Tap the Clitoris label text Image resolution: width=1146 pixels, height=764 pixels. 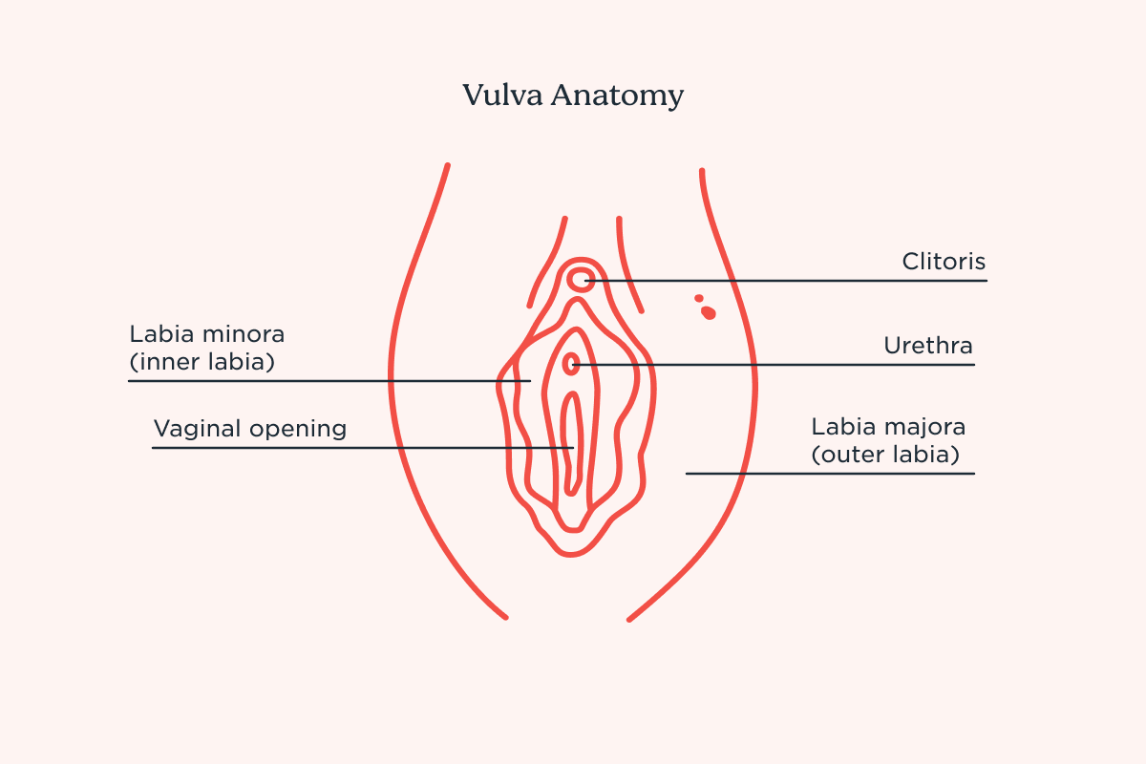(944, 262)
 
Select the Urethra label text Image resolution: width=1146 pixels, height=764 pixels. (928, 346)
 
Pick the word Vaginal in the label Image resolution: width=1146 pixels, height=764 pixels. (198, 429)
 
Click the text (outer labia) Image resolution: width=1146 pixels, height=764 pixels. (885, 455)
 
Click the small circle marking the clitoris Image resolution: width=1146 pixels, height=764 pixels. (581, 280)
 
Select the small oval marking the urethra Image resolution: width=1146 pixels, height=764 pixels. (572, 363)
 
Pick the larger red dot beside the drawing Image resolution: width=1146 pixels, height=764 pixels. (709, 312)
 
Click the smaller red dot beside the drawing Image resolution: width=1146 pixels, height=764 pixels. (699, 298)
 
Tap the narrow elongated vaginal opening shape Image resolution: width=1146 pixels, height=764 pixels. (571, 444)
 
